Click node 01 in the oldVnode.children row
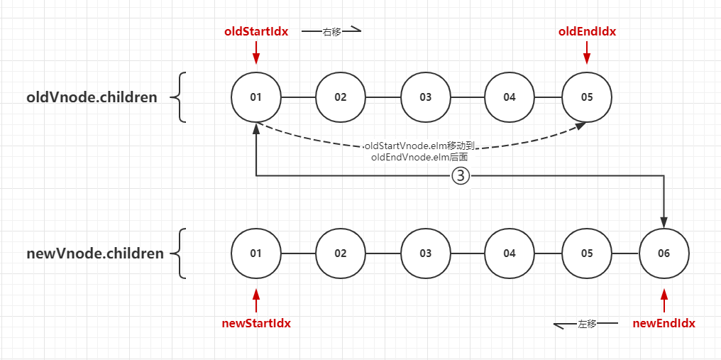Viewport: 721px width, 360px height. point(256,97)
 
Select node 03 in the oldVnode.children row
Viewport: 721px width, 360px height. point(425,97)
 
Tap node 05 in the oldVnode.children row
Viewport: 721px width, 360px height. point(587,97)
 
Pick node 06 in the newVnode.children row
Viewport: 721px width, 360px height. point(664,253)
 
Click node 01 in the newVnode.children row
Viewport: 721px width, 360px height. point(256,253)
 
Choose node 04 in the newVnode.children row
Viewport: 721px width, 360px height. point(510,253)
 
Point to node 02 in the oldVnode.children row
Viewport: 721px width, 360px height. point(341,97)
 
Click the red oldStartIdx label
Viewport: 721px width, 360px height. point(256,31)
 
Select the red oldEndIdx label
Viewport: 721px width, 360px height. point(587,31)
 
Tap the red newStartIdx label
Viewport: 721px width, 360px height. point(256,323)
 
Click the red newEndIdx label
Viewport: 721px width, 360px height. point(664,323)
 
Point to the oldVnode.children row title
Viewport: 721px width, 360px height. point(92,97)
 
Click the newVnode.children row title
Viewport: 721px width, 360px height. point(95,253)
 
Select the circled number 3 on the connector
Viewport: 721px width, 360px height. point(461,176)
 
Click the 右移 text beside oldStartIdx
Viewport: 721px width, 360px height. point(332,32)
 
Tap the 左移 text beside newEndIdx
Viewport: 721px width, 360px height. point(587,324)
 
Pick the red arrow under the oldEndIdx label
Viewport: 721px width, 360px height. point(587,54)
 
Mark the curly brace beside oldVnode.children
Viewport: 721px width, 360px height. point(181,97)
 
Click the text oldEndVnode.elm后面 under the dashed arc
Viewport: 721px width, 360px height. point(419,157)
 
